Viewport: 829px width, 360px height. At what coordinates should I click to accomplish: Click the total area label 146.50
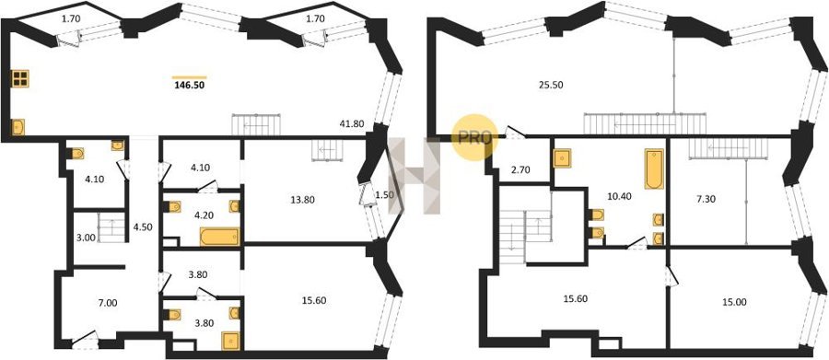coord(189,84)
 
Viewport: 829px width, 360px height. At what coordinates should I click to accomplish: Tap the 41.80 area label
coord(350,125)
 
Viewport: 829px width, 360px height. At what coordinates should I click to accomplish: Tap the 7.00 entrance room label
coord(109,303)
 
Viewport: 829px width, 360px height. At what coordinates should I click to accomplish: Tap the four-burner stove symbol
coord(20,79)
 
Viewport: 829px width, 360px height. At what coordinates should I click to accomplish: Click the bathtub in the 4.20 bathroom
coord(219,237)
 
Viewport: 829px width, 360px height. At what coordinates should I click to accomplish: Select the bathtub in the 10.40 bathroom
coord(654,169)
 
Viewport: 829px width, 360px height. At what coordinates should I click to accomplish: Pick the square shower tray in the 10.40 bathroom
coord(562,158)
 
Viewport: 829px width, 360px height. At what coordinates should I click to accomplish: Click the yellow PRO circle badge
coord(472,137)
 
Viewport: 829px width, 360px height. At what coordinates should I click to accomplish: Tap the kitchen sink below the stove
coord(18,127)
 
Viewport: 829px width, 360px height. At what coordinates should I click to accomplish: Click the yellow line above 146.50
coord(189,77)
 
